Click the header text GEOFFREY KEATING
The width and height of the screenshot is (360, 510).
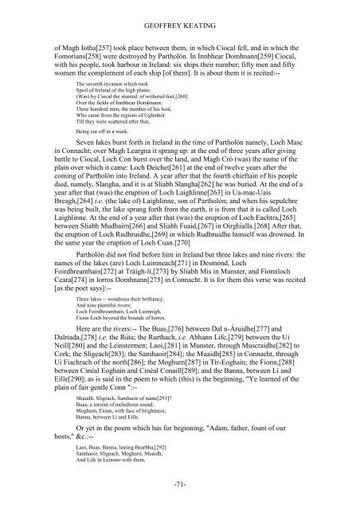coord(179,11)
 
